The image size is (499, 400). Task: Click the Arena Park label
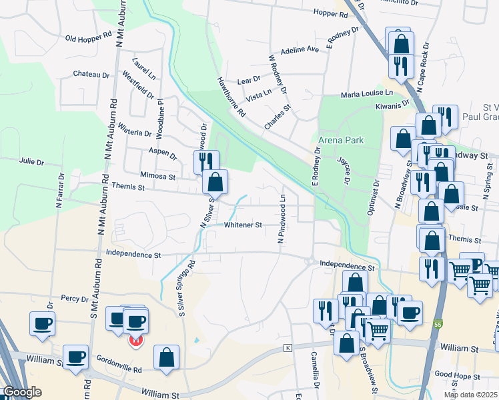click(x=341, y=140)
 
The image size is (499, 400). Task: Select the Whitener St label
click(x=243, y=225)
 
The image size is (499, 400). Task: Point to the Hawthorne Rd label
click(x=231, y=97)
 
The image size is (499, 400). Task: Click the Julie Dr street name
click(x=32, y=162)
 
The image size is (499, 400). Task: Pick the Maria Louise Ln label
click(x=367, y=95)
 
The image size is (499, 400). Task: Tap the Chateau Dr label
click(x=91, y=75)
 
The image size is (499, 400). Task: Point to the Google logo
click(x=22, y=392)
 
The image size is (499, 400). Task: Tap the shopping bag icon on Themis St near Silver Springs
click(x=215, y=181)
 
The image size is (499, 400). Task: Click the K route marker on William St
click(x=288, y=347)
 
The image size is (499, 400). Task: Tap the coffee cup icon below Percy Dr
click(x=42, y=324)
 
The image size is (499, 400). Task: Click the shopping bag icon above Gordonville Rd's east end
click(x=165, y=357)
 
